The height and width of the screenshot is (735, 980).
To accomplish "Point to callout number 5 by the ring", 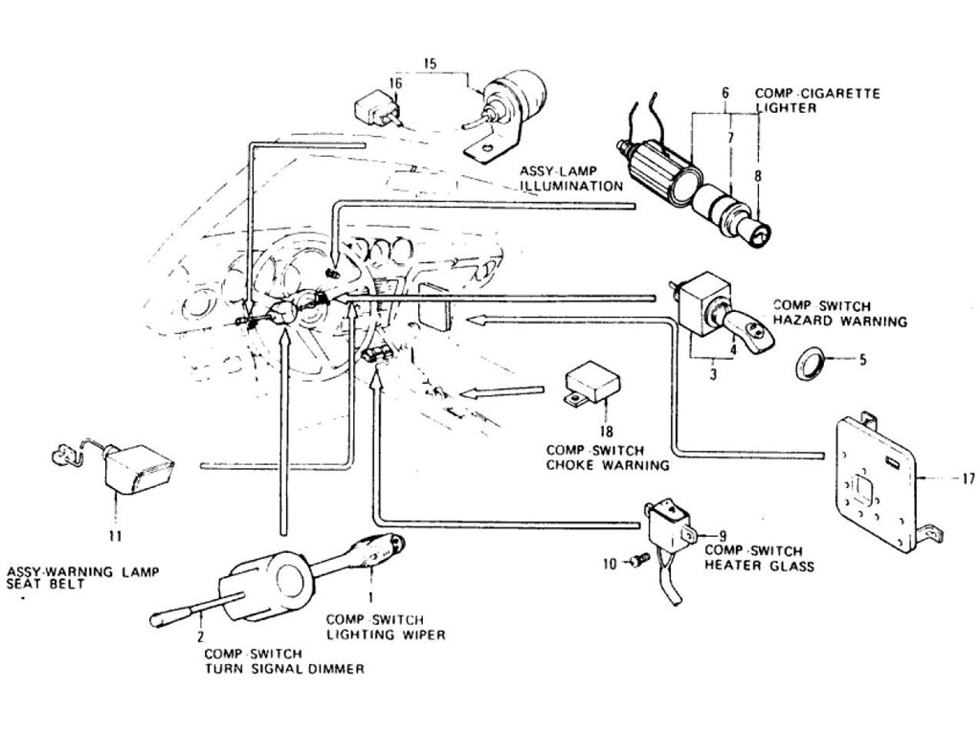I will point(861,361).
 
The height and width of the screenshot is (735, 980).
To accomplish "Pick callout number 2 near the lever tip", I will point(201,635).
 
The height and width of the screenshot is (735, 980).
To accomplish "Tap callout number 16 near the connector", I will point(394,85).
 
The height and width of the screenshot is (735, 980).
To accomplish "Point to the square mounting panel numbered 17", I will point(874,483).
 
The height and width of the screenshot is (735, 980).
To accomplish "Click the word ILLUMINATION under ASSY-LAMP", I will point(571,185).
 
